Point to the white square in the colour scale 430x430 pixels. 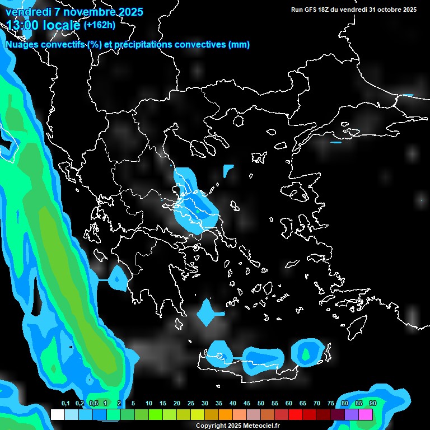pyautogui.click(x=57, y=414)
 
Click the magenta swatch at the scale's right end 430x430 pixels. pyautogui.click(x=366, y=414)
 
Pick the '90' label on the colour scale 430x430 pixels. pyautogui.click(x=372, y=404)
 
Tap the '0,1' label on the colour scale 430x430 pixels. pyautogui.click(x=66, y=404)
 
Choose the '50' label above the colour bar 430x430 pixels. pyautogui.click(x=261, y=404)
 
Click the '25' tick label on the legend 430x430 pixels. pyautogui.click(x=191, y=404)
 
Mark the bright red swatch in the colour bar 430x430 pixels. pyautogui.click(x=296, y=414)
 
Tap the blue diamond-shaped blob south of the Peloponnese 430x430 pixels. pyautogui.click(x=205, y=314)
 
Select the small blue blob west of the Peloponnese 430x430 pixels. pyautogui.click(x=118, y=278)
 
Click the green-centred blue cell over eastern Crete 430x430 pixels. pyautogui.click(x=306, y=352)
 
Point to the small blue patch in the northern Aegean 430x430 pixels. pyautogui.click(x=228, y=170)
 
